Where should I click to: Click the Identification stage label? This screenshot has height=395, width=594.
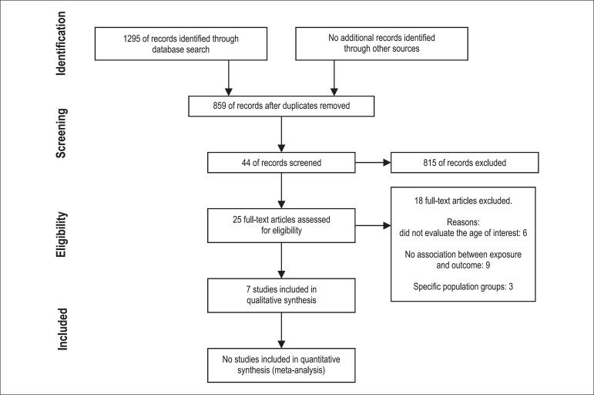click(x=66, y=43)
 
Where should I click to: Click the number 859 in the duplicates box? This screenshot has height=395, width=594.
click(x=201, y=106)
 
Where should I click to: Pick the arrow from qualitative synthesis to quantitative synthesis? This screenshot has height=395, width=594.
click(x=281, y=326)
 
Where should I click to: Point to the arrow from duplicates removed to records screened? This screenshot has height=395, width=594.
click(x=281, y=133)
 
